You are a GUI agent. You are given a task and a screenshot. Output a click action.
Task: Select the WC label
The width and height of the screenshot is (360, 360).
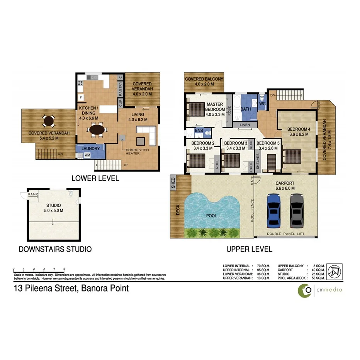(x=263, y=104)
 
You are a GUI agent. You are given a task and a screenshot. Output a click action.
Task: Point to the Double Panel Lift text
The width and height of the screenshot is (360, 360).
(x=285, y=234)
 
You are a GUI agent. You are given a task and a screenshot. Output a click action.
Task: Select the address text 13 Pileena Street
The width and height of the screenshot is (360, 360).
(x=71, y=288)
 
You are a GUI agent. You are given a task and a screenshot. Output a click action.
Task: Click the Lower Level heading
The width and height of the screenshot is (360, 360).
(x=95, y=178)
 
